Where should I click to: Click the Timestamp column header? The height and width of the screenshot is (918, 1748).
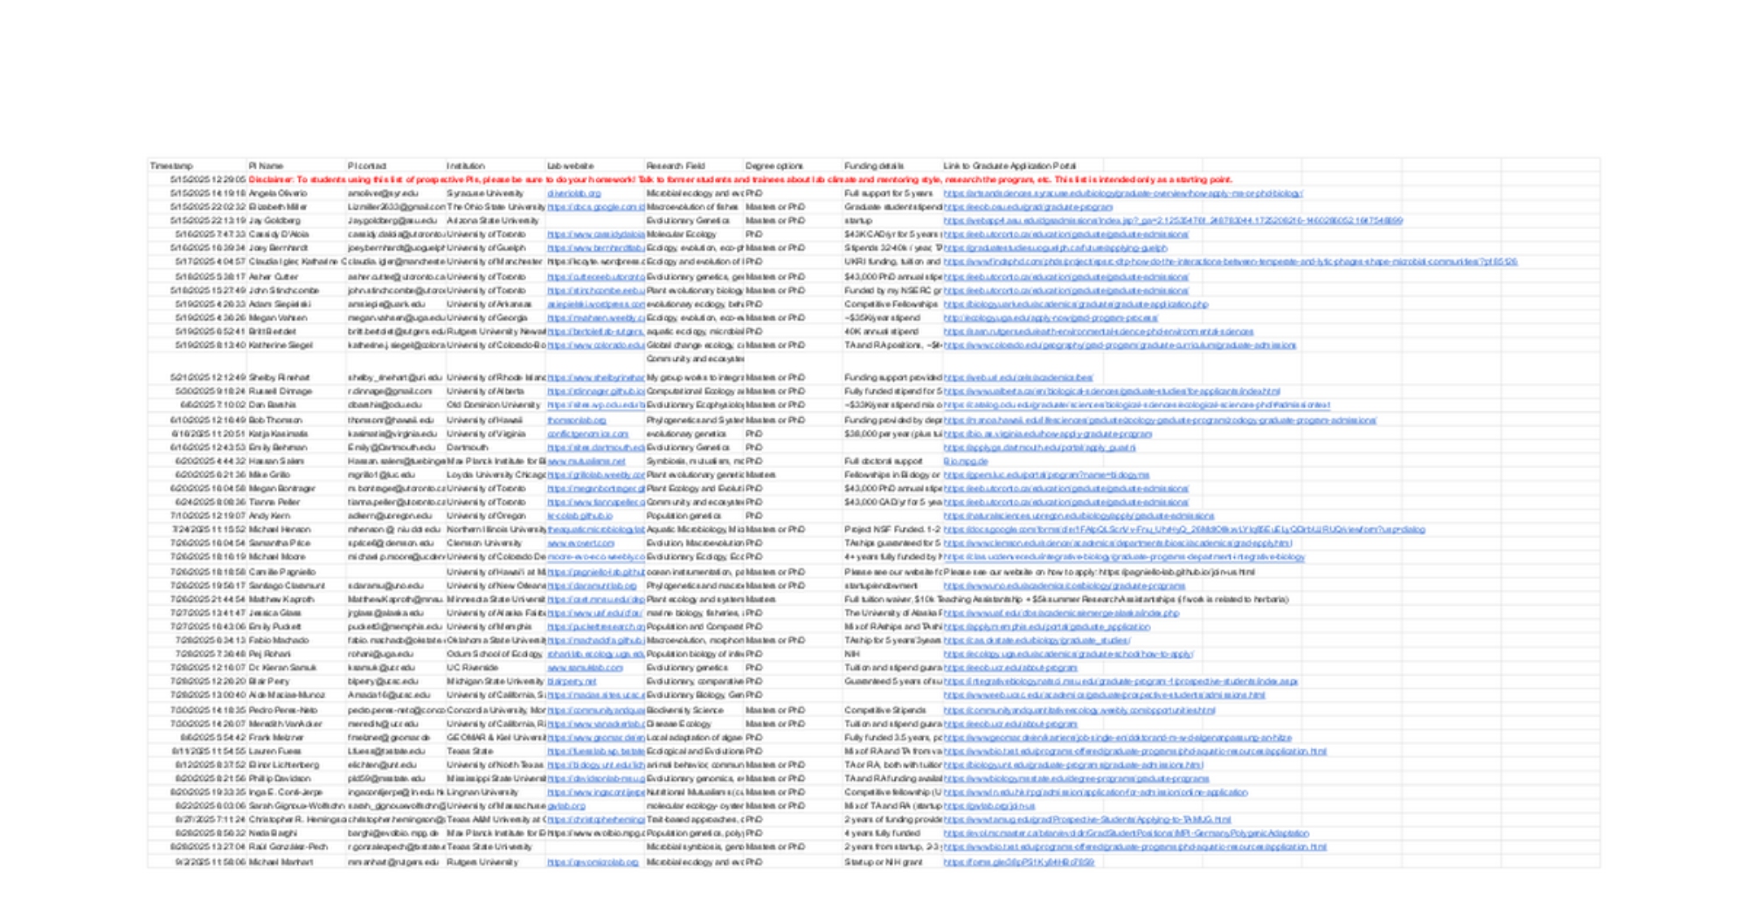[x=171, y=165]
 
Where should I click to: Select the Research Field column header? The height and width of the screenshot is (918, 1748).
[x=675, y=165]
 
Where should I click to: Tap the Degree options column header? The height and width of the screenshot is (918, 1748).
[x=773, y=165]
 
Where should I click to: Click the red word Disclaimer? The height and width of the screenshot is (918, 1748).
[x=271, y=179]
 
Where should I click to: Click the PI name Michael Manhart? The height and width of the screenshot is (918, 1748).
[x=281, y=862]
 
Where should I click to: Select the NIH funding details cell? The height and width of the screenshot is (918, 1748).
[x=852, y=653]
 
